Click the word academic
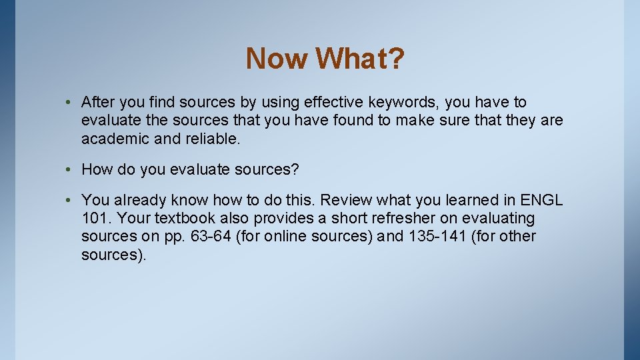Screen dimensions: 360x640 pyautogui.click(x=110, y=139)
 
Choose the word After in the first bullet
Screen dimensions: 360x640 pyautogui.click(x=97, y=103)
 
